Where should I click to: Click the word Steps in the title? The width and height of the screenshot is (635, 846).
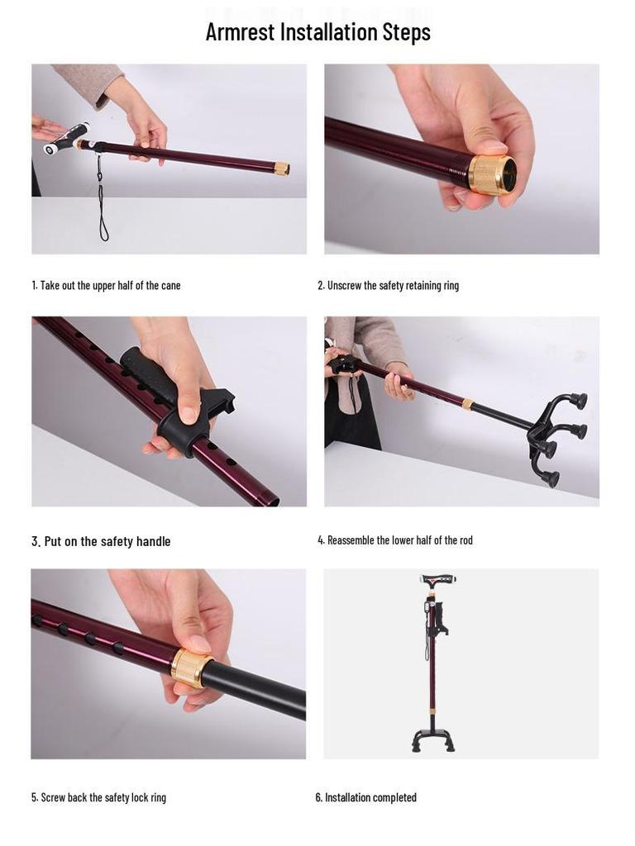(407, 33)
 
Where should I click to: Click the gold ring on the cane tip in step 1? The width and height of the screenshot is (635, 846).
(282, 168)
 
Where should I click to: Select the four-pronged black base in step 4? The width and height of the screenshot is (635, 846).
(557, 437)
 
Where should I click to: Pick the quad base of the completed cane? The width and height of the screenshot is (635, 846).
(432, 739)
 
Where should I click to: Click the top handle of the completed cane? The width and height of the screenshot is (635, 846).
(438, 581)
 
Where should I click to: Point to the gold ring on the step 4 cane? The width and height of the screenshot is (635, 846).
(468, 404)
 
